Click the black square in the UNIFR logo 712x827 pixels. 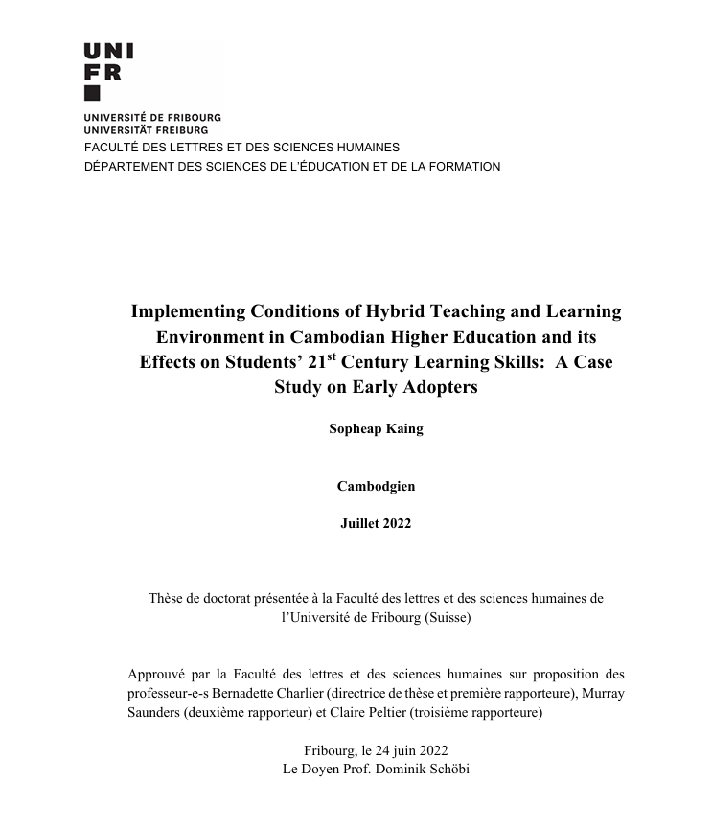pyautogui.click(x=92, y=93)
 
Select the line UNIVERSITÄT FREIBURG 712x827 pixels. pyautogui.click(x=146, y=129)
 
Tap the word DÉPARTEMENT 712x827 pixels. pyautogui.click(x=125, y=166)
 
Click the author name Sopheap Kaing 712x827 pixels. pyautogui.click(x=376, y=428)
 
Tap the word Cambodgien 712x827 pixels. pyautogui.click(x=376, y=486)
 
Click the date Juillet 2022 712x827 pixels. pyautogui.click(x=376, y=523)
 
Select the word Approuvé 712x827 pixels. pyautogui.click(x=158, y=674)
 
